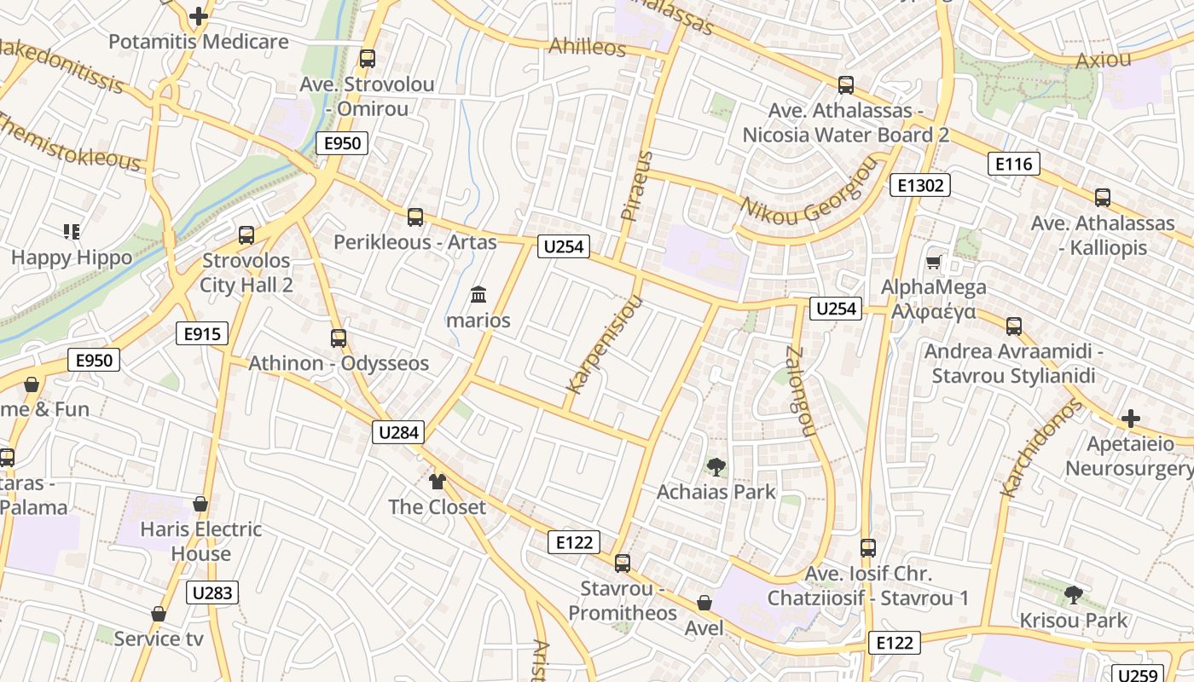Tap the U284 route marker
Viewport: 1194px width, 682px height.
click(x=398, y=432)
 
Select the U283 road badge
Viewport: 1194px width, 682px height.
click(x=212, y=592)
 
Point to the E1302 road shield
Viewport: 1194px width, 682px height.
click(x=919, y=185)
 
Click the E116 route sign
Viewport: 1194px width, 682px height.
click(x=1014, y=164)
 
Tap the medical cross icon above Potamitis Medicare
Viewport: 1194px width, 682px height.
click(x=199, y=16)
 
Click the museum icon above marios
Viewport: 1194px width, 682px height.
click(x=478, y=295)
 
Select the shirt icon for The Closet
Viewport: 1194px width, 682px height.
click(x=438, y=482)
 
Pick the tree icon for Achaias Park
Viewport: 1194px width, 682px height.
click(x=716, y=466)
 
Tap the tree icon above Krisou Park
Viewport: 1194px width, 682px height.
click(x=1074, y=594)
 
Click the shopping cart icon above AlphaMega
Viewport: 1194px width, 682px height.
click(x=934, y=262)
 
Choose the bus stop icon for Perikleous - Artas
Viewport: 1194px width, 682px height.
click(x=415, y=217)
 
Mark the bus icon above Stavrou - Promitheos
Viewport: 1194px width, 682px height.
click(x=623, y=563)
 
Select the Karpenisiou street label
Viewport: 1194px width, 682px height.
click(x=603, y=344)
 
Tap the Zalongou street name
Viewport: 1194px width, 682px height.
click(x=799, y=392)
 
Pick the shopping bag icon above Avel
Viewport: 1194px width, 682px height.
click(x=704, y=603)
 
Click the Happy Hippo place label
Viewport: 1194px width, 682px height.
click(x=72, y=257)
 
